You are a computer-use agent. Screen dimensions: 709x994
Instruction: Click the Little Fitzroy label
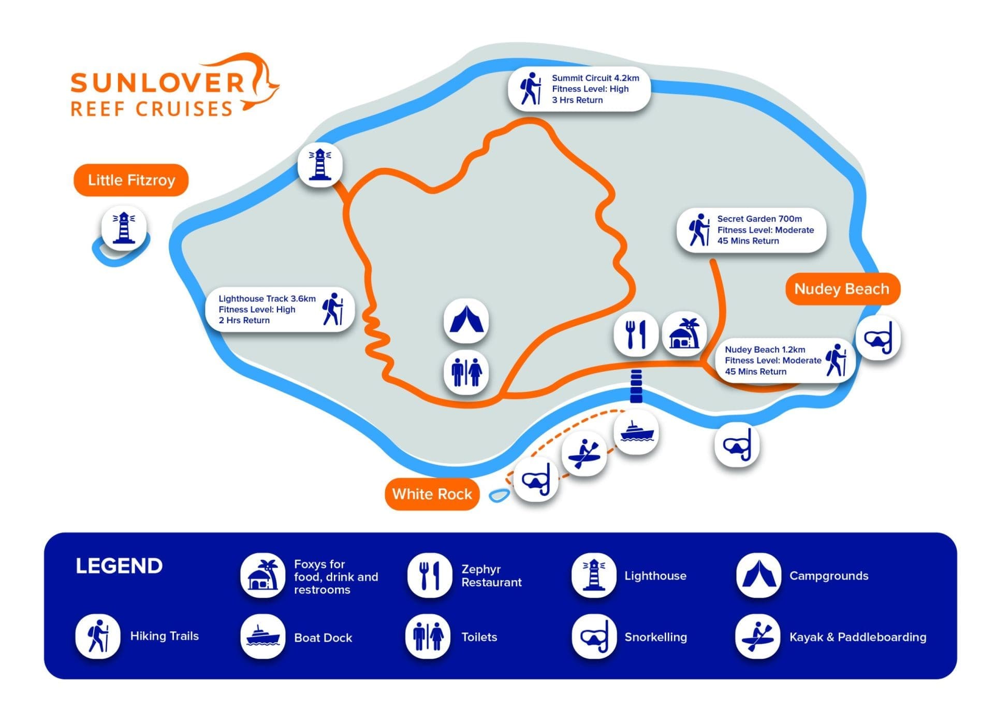coord(131,180)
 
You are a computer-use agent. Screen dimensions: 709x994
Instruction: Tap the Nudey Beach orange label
coord(842,289)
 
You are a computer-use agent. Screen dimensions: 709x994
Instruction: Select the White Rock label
coord(432,494)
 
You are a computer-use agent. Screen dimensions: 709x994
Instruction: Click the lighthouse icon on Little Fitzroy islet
coord(124,227)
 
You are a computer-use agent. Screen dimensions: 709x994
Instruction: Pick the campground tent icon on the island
coord(466,321)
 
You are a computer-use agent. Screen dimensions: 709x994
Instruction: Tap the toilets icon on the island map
coord(466,372)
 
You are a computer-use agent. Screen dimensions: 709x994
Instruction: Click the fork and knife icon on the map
coord(636,334)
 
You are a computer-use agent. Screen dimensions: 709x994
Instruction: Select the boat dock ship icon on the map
coord(636,432)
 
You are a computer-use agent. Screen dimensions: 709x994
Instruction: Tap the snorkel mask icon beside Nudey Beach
coord(879,338)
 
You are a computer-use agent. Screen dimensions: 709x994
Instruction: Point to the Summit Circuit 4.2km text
coord(595,78)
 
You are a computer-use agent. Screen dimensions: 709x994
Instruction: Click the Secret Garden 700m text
coord(759,219)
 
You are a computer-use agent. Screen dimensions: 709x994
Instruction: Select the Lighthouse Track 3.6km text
coord(267,299)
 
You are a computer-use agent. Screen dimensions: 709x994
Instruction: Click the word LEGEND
coord(119,566)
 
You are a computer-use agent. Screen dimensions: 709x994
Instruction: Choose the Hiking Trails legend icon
coord(97,636)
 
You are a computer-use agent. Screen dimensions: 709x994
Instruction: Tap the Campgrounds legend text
coord(828,576)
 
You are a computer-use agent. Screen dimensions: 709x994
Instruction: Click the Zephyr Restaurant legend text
coord(491,576)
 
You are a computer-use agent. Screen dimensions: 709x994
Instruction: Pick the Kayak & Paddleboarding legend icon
coord(757,636)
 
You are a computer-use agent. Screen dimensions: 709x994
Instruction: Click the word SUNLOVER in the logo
coord(157,83)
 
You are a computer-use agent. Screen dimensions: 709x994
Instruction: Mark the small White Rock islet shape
coord(499,496)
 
